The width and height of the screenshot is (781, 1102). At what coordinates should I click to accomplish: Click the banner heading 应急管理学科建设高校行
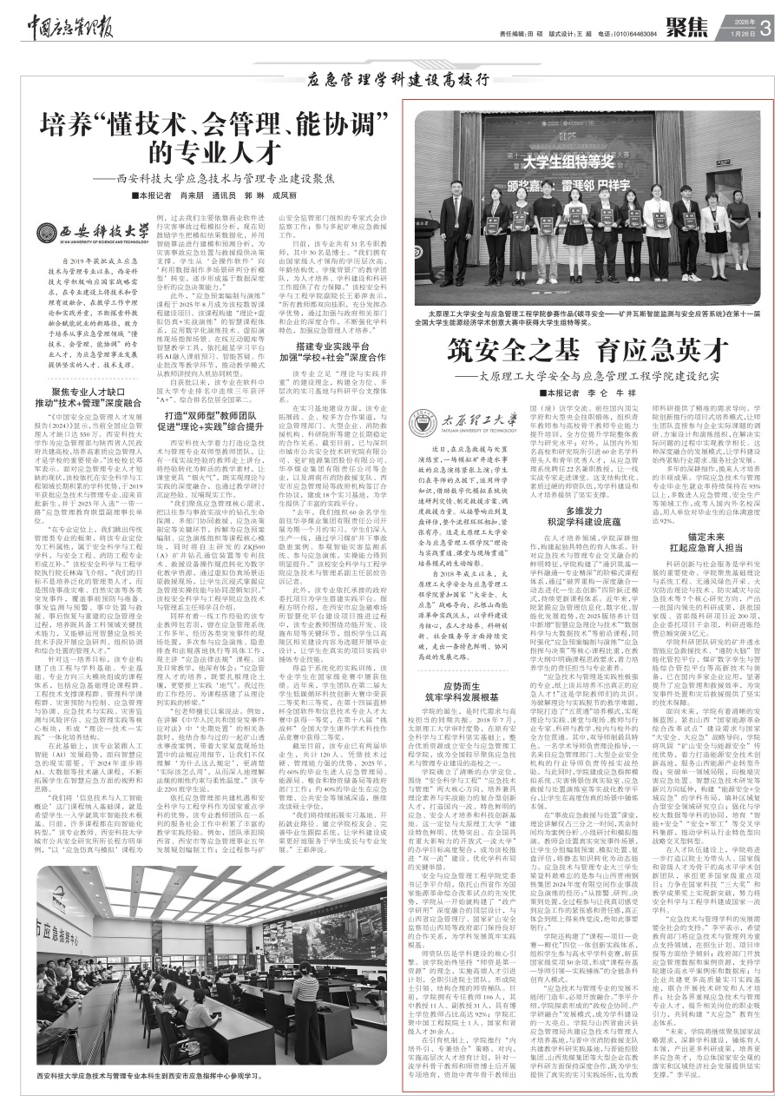391,83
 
